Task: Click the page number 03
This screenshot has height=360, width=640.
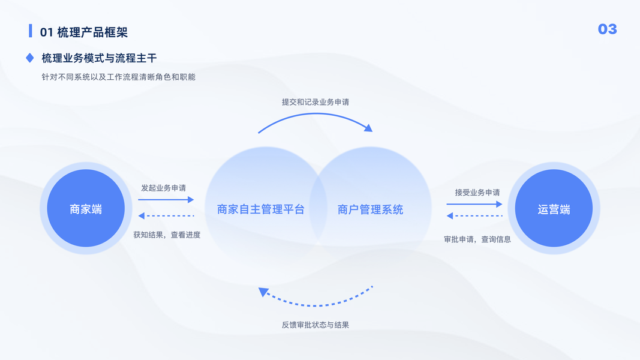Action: pyautogui.click(x=607, y=29)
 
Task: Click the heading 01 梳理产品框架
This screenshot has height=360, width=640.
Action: pyautogui.click(x=83, y=32)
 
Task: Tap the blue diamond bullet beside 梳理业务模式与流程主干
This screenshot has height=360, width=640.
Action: pyautogui.click(x=30, y=58)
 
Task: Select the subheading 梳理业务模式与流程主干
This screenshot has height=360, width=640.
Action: pyautogui.click(x=99, y=58)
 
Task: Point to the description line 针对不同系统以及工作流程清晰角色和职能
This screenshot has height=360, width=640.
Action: pyautogui.click(x=119, y=77)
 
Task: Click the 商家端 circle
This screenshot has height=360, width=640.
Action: pyautogui.click(x=86, y=209)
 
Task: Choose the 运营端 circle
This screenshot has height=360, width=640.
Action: pyautogui.click(x=554, y=209)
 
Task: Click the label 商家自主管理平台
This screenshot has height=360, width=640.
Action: pyautogui.click(x=261, y=209)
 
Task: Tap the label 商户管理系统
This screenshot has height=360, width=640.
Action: pyautogui.click(x=370, y=209)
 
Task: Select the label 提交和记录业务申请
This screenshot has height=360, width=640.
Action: pyautogui.click(x=316, y=102)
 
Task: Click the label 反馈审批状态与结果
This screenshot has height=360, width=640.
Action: pyautogui.click(x=316, y=325)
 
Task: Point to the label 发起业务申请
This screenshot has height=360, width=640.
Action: pyautogui.click(x=163, y=188)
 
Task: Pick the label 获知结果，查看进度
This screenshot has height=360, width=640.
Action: pyautogui.click(x=167, y=235)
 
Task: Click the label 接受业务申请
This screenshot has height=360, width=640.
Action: pyautogui.click(x=477, y=193)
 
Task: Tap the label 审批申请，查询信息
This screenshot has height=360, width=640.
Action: pyautogui.click(x=477, y=239)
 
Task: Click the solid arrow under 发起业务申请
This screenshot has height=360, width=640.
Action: pyautogui.click(x=166, y=199)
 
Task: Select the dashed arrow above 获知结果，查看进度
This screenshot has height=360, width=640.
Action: pyautogui.click(x=166, y=215)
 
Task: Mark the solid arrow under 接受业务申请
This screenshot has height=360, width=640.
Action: pyautogui.click(x=474, y=204)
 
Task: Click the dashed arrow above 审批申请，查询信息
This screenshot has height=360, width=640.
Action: pyautogui.click(x=474, y=216)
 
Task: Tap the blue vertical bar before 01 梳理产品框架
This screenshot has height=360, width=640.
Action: pyautogui.click(x=31, y=31)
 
